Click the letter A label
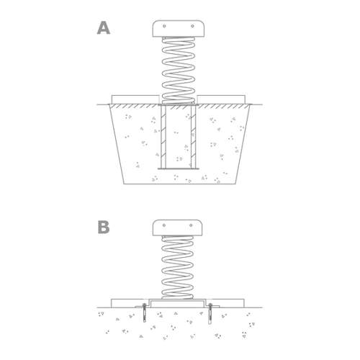click(104, 28)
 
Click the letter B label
click(104, 227)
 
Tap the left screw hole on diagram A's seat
click(164, 26)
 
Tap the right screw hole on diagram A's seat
click(192, 26)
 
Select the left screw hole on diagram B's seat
click(164, 225)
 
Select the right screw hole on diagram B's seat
click(191, 225)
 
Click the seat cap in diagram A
click(179, 29)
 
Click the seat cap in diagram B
click(177, 228)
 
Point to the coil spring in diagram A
click(179, 71)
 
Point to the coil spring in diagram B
click(177, 267)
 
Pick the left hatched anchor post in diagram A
click(163, 137)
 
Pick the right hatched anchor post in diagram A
click(193, 137)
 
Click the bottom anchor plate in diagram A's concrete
click(179, 168)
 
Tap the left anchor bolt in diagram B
click(144, 312)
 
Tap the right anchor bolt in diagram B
click(210, 313)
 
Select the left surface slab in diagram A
click(135, 100)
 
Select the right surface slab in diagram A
click(221, 100)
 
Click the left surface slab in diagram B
click(130, 303)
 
